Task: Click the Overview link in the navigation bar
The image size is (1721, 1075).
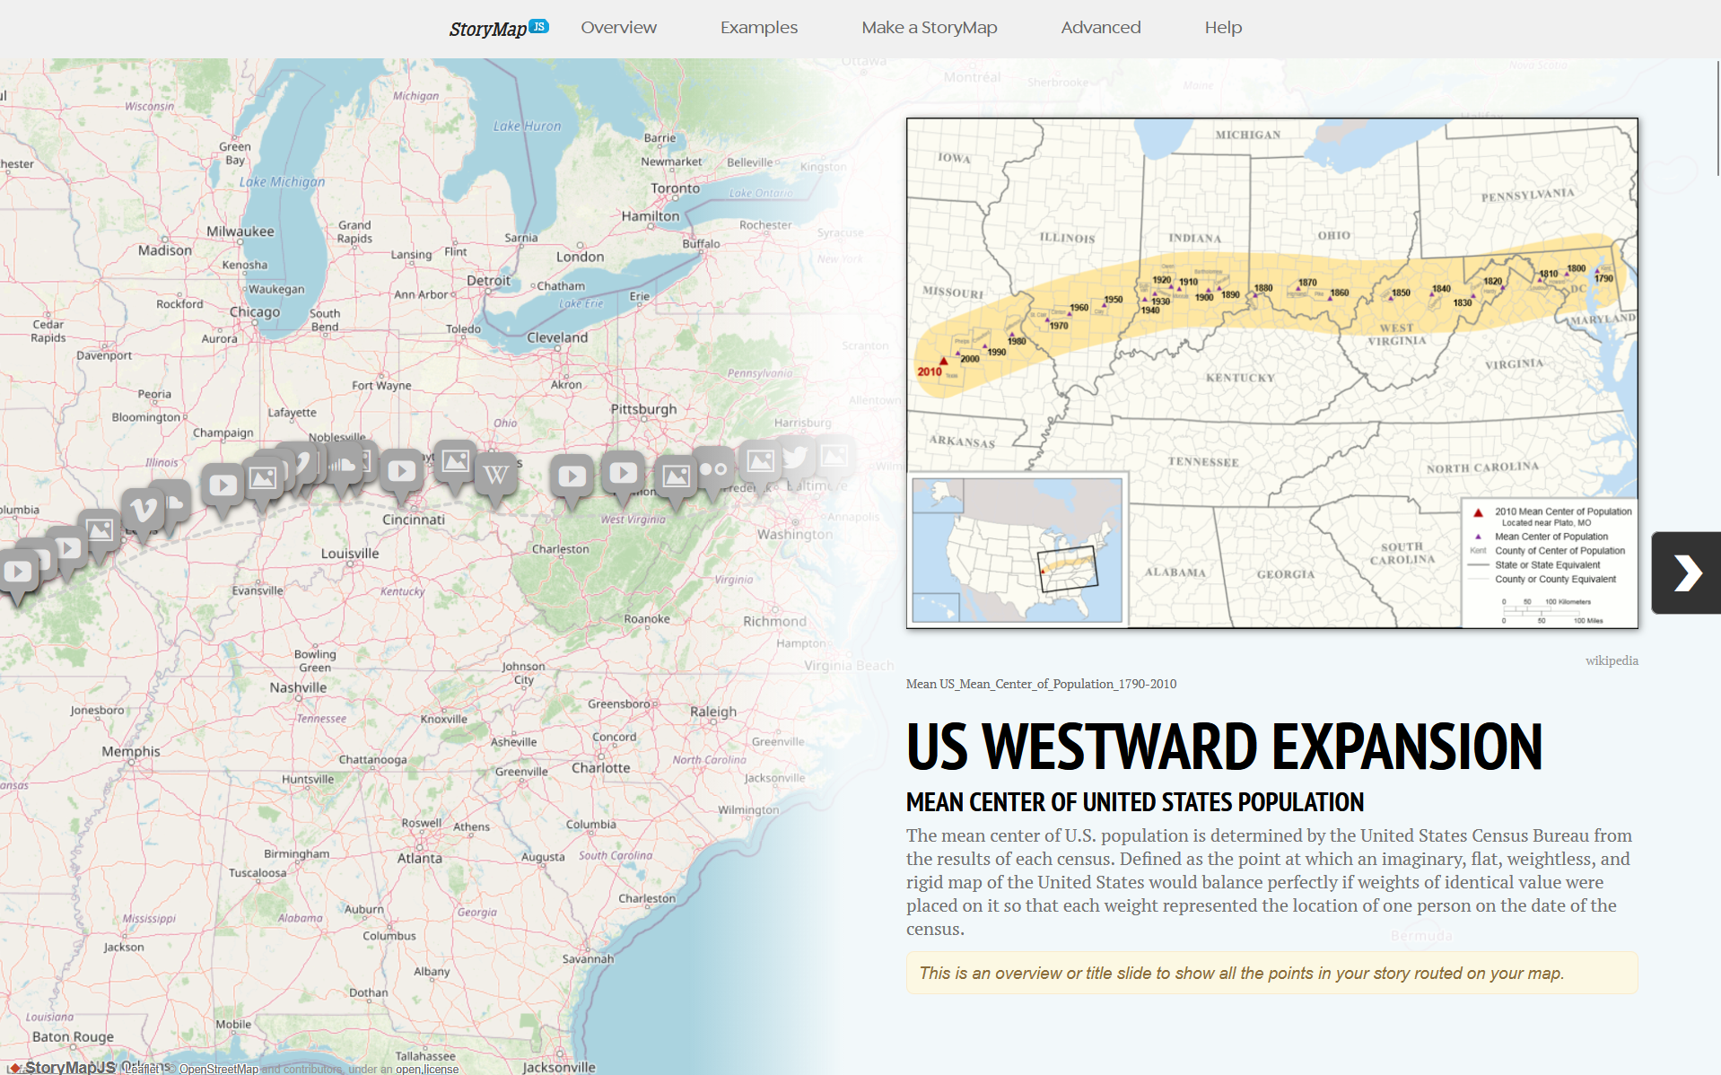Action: (618, 28)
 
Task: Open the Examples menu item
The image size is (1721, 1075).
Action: (758, 28)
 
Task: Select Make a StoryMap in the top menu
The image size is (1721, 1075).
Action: (929, 28)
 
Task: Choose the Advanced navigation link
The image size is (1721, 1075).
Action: (1100, 28)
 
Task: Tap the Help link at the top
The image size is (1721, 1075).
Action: (1223, 28)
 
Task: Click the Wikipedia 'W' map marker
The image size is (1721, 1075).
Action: (496, 475)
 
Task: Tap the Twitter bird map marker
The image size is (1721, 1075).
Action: (794, 459)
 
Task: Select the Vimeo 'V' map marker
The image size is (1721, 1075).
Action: (143, 511)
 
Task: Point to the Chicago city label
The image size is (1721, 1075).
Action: (255, 312)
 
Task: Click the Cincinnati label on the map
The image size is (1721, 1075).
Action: (414, 520)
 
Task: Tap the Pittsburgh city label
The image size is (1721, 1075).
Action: (643, 409)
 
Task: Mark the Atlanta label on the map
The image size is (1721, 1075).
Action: (420, 858)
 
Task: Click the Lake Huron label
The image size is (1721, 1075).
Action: (527, 127)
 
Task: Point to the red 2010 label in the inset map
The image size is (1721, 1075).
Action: (930, 371)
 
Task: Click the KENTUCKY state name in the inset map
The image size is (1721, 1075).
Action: (1240, 378)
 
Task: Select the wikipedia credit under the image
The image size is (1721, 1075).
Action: (1611, 660)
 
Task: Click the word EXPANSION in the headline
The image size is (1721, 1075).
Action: (1407, 747)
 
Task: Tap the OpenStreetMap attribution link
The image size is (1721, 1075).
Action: (219, 1069)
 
